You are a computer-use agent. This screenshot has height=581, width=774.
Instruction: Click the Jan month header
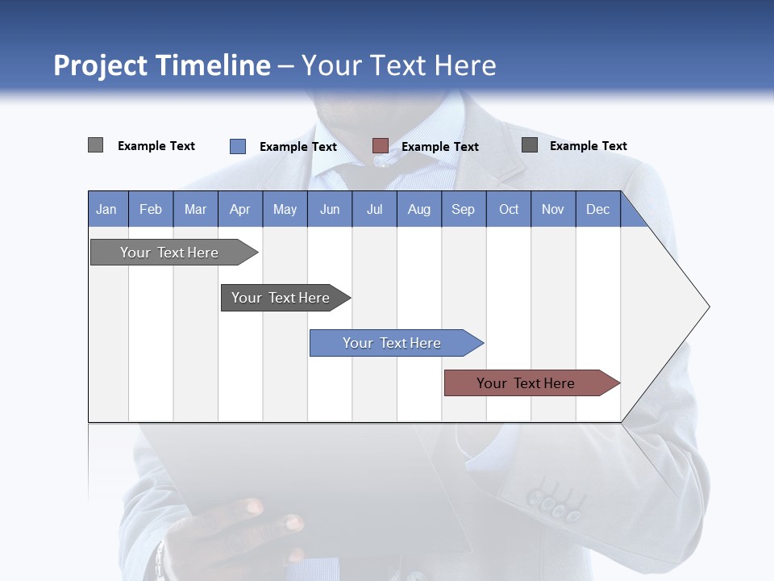pos(107,209)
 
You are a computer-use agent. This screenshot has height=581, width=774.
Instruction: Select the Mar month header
pos(195,209)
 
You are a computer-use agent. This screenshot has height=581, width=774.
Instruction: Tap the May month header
pos(285,209)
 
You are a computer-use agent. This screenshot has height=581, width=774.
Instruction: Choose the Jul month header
pos(374,209)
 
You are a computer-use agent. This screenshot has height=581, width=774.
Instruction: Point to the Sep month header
pos(463,209)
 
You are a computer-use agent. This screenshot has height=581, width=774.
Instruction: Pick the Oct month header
pos(509,209)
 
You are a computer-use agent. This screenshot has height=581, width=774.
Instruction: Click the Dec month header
pos(597,209)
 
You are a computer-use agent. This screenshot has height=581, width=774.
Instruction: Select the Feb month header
pos(151,209)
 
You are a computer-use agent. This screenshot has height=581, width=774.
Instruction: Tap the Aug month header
pos(418,209)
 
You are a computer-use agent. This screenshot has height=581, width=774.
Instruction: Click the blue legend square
pos(238,146)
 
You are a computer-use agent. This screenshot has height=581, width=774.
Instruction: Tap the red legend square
pos(381,145)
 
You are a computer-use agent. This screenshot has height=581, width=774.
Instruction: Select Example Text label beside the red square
pos(439,146)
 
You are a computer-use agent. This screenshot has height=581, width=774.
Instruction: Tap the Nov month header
pos(553,209)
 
